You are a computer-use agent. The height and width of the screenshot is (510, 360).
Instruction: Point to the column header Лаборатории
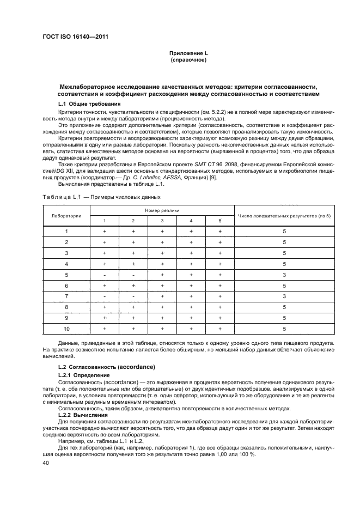tap(66, 215)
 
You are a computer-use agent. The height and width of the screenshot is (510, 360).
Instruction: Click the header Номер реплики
tap(162, 209)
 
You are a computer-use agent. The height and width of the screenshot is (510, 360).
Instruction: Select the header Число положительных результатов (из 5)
tap(284, 215)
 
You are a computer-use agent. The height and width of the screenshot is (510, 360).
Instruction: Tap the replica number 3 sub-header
tap(162, 221)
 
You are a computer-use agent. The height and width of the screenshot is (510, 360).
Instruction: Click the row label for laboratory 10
tap(66, 329)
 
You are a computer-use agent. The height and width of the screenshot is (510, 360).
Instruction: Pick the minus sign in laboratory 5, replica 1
tap(104, 275)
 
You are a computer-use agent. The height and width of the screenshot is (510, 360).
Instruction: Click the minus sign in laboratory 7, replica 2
tap(133, 296)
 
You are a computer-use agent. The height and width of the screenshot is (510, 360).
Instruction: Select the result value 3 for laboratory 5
tap(284, 275)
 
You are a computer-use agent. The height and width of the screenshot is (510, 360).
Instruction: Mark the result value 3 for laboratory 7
tap(284, 296)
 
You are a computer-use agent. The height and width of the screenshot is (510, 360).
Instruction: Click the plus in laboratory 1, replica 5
tap(219, 231)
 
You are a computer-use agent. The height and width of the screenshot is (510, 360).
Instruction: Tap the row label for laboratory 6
tap(66, 286)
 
